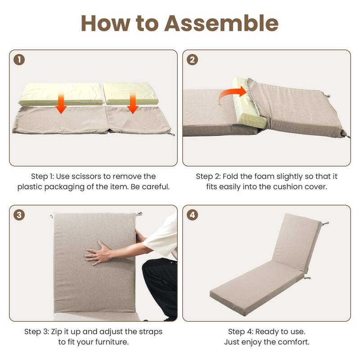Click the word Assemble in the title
(x=221, y=23)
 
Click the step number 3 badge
(x=19, y=215)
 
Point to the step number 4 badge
(x=193, y=215)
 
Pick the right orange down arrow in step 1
(x=132, y=105)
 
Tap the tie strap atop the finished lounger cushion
(x=324, y=223)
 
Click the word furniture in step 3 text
(x=110, y=342)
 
